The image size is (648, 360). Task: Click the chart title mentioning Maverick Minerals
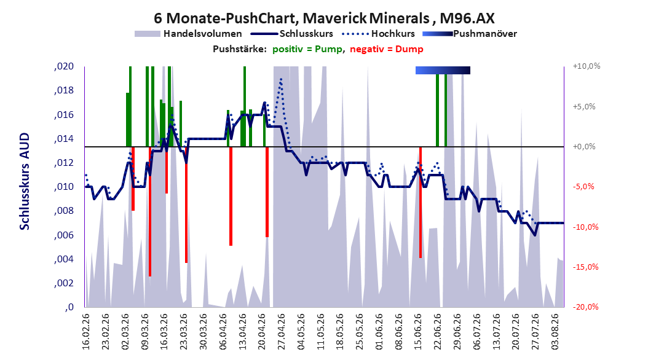324,18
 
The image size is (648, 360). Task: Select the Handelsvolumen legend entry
188,34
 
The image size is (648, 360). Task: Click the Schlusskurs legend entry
291,34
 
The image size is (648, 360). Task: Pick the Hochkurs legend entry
378,34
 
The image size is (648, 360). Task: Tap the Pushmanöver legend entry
470,34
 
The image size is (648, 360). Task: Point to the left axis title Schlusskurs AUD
25,181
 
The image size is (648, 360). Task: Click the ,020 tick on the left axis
64,66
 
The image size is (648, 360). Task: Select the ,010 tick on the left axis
64,187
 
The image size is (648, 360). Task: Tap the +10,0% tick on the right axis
587,66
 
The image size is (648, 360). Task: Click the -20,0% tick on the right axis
585,307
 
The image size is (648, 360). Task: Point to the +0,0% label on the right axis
584,147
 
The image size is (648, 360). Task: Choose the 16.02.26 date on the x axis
86,332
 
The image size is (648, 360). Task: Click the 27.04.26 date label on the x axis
282,332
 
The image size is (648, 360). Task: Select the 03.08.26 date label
555,332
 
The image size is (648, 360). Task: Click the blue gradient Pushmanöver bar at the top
443,70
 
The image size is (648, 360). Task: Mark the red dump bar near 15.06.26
421,202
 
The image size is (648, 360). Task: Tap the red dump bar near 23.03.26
186,205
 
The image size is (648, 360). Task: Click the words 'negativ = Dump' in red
387,49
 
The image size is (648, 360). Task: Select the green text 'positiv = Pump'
307,49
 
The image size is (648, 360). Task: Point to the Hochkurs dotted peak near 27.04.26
281,79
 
